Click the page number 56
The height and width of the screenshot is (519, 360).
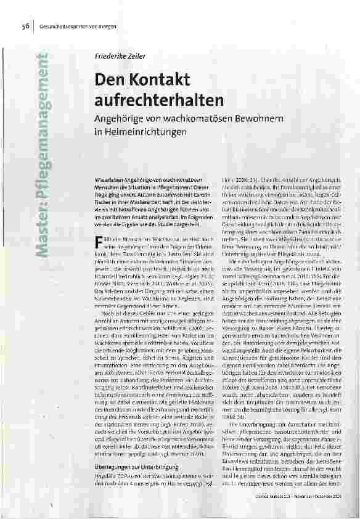(x=27, y=27)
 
